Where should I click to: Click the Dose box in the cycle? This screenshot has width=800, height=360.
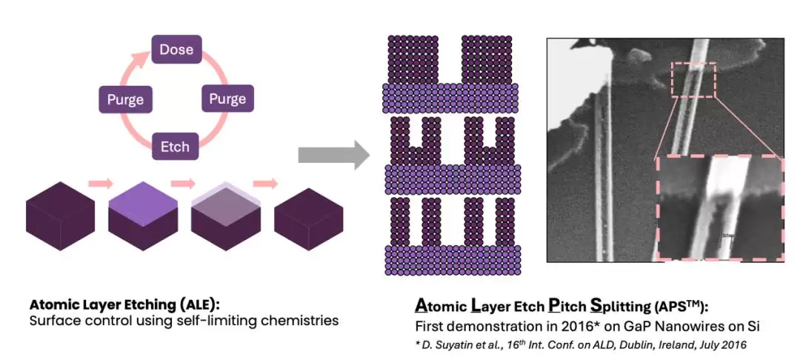176,50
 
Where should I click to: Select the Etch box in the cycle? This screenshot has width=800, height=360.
175,146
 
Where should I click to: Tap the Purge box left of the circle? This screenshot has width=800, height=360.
125,99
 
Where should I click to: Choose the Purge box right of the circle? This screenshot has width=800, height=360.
227,99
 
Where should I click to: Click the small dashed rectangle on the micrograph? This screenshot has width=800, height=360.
694,79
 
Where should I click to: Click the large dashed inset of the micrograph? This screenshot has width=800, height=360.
719,208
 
